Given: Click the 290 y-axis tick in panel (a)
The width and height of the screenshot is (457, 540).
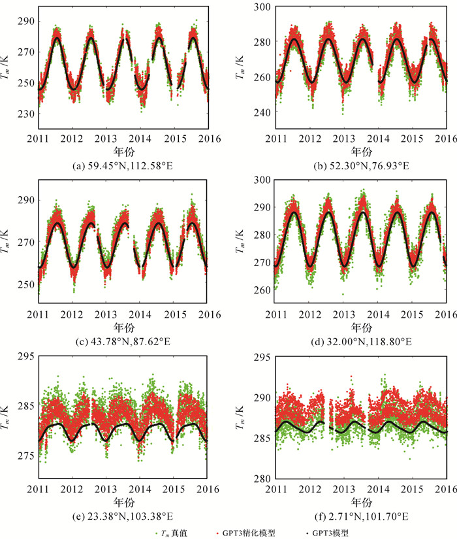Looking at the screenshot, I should point(27,22).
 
